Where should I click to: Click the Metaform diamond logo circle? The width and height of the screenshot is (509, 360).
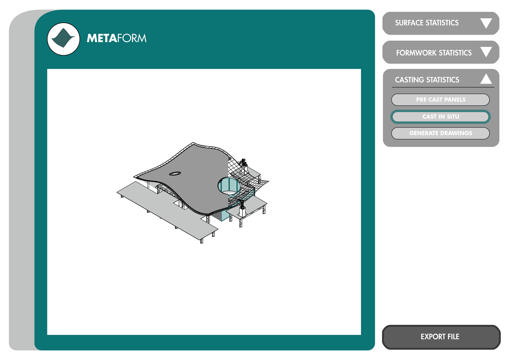[x=64, y=39]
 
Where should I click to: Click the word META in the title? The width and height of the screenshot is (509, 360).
[x=102, y=38]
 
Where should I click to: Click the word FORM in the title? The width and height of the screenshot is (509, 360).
[x=132, y=38]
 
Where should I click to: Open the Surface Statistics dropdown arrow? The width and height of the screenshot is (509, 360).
[x=486, y=23]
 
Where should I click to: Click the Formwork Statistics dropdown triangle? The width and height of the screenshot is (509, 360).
[x=486, y=52]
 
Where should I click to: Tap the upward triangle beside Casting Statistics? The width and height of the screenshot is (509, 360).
[x=486, y=79]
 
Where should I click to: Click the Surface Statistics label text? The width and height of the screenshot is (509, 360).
[x=427, y=23]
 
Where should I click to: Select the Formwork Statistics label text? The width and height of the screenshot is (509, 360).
[x=434, y=53]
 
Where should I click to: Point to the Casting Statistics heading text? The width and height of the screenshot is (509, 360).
[x=427, y=80]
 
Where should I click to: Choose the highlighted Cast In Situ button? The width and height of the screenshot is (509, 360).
[x=440, y=117]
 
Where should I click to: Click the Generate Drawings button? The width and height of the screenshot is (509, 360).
[x=440, y=133]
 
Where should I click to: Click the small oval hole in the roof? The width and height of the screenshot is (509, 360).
[x=175, y=174]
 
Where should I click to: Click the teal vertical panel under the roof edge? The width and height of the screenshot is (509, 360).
[x=225, y=216]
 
